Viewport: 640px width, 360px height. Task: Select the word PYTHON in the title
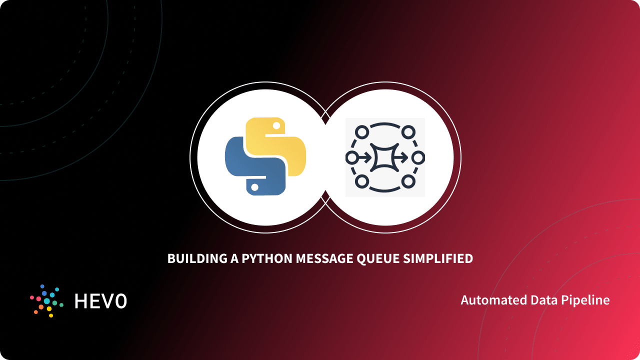(266, 258)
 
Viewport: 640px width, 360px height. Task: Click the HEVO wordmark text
(100, 301)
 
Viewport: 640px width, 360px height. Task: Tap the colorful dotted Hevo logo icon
(46, 301)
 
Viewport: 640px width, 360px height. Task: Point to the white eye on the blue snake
(254, 187)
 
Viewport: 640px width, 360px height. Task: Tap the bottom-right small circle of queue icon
(408, 181)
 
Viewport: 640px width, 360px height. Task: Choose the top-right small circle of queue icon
(408, 132)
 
